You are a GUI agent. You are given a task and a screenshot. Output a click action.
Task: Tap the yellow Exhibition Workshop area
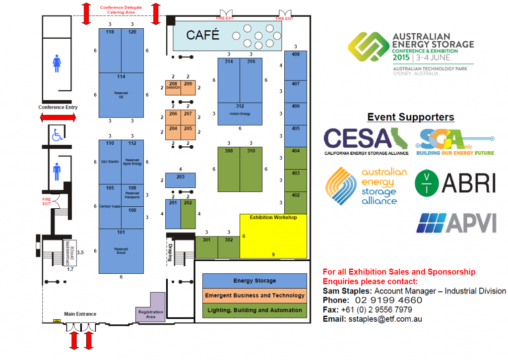(273, 236)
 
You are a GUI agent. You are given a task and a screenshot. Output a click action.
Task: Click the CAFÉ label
(202, 35)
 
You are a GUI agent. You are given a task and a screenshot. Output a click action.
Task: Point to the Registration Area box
(151, 309)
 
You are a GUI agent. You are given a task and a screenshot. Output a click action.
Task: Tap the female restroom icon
(57, 63)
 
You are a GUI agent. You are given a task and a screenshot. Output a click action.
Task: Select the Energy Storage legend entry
(254, 281)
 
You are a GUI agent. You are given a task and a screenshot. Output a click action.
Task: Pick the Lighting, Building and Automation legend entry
(254, 310)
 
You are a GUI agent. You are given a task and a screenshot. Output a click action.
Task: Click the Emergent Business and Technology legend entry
(254, 296)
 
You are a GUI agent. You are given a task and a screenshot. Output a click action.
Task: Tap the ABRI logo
(455, 182)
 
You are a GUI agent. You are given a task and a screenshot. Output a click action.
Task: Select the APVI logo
(456, 223)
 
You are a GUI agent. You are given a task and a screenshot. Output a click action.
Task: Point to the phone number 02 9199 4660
(388, 300)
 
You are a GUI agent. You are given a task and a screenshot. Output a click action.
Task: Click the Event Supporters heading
(410, 118)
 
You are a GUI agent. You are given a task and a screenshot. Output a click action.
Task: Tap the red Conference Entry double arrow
(58, 118)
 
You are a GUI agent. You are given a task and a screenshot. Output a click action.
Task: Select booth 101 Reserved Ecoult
(121, 251)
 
